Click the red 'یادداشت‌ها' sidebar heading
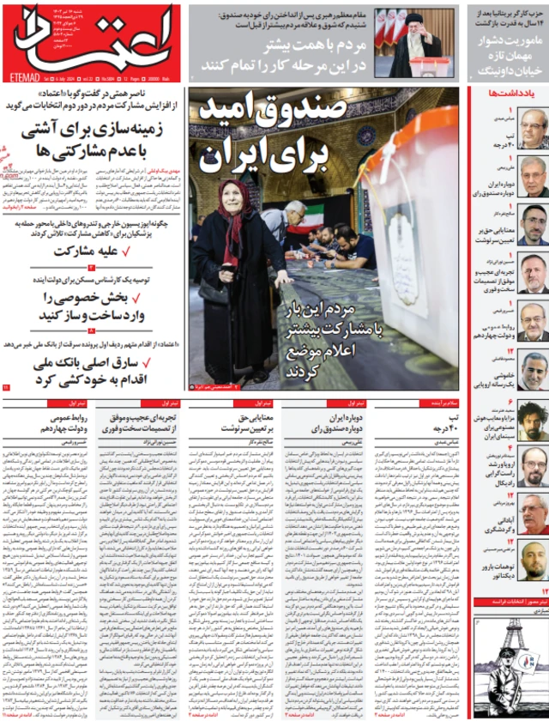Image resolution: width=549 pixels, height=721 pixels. (510, 93)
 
